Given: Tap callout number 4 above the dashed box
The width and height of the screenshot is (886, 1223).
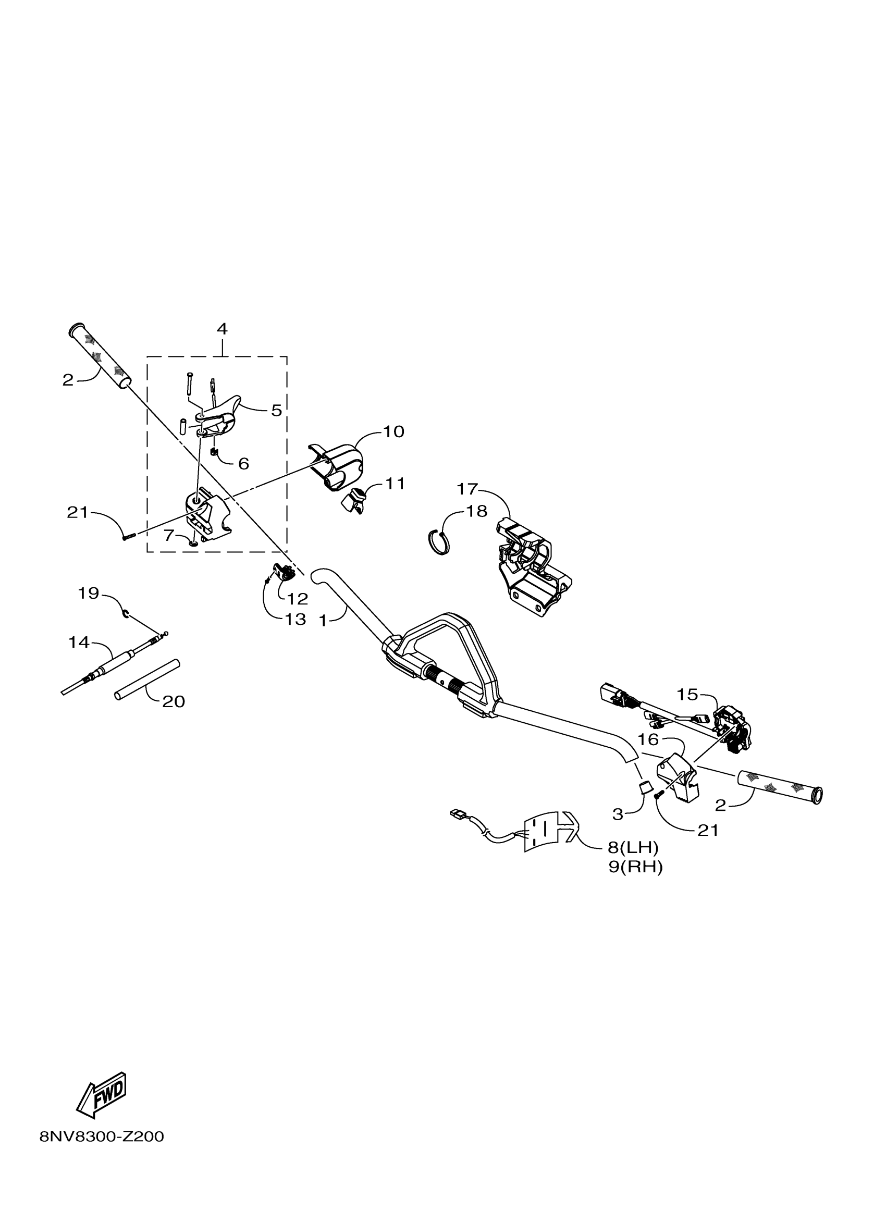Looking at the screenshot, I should (221, 329).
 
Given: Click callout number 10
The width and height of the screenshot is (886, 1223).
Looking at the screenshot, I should (393, 431).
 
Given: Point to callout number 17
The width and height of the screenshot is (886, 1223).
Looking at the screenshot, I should (467, 489).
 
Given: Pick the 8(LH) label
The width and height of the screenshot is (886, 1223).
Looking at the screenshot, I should (633, 848).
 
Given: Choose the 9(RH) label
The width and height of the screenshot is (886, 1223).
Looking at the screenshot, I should (635, 867).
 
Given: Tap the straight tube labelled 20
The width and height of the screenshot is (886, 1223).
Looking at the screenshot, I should (146, 681).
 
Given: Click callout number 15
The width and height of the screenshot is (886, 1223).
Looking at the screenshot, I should (687, 695).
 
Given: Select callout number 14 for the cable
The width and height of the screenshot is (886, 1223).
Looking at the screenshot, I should (79, 642).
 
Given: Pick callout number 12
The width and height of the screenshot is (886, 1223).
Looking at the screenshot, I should (297, 599).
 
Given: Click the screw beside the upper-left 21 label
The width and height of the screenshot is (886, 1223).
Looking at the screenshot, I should (128, 537).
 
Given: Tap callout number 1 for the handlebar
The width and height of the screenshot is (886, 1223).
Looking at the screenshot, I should (323, 621).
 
